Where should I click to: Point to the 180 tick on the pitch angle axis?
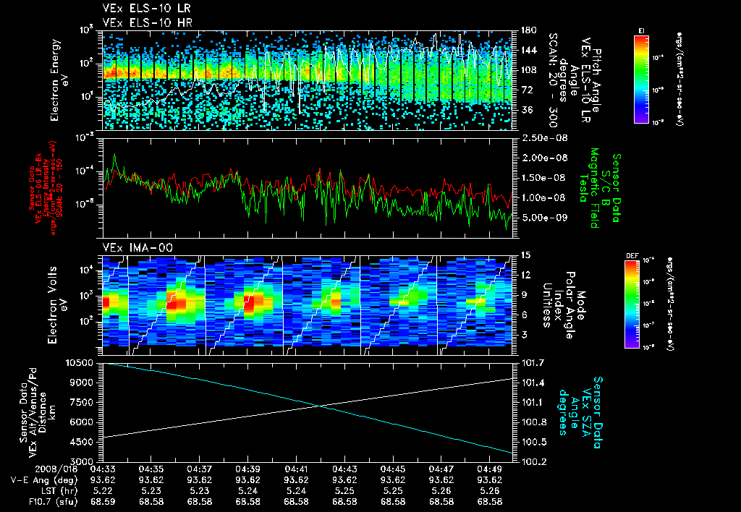tap(527, 30)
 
